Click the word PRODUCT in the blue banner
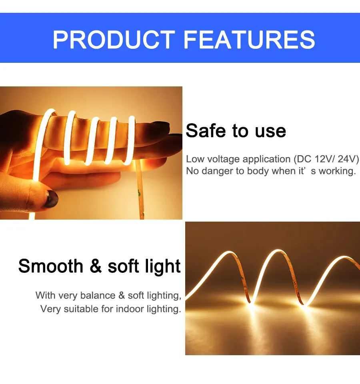[x=114, y=40]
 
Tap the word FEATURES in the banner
[x=249, y=40]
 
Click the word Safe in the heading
[x=206, y=131]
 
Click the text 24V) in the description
[x=348, y=159]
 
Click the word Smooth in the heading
[x=51, y=266]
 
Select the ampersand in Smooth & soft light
[x=96, y=266]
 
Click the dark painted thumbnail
[x=51, y=199]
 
